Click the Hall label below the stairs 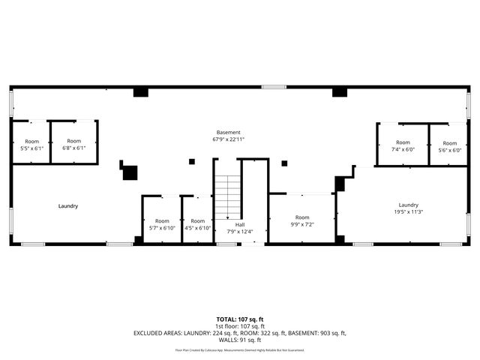pos(239,224)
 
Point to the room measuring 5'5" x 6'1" pos(31,145)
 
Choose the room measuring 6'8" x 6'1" pos(73,144)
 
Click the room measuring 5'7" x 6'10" pos(161,224)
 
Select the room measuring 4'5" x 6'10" pos(198,224)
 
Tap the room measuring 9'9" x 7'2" pos(302,220)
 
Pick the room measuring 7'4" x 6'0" pos(403,145)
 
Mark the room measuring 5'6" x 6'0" pos(449,146)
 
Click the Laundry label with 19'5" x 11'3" pos(408,208)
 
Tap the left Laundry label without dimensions pos(68,205)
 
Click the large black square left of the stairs pos(130,172)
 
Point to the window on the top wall pos(274,87)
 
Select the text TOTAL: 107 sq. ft pos(239,319)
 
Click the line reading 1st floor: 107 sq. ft pos(239,326)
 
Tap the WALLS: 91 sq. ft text pos(239,339)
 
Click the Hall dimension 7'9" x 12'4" pos(239,231)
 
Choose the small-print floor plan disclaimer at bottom pos(239,349)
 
